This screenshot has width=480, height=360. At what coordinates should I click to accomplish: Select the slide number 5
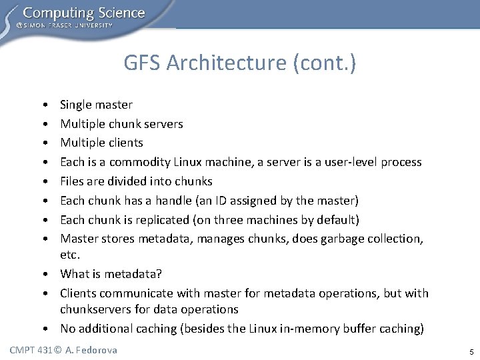tap(470, 351)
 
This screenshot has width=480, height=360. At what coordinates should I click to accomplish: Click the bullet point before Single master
tap(43, 105)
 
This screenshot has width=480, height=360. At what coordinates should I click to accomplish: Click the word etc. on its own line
tap(70, 255)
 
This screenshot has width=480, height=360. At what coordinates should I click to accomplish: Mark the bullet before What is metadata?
tap(43, 275)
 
